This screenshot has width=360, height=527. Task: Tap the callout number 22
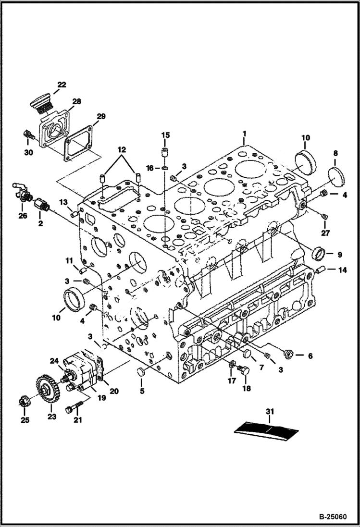point(62,85)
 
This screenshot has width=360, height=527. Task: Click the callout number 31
point(269,411)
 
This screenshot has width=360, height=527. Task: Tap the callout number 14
point(342,270)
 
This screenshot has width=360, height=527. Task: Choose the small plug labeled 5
point(141,372)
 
